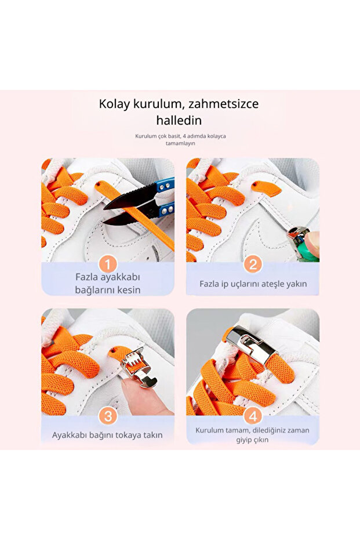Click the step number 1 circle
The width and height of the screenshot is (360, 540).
point(108,265)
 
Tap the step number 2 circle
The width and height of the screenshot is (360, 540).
point(253,264)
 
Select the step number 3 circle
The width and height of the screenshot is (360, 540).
point(108,416)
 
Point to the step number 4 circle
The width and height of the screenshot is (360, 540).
point(253,416)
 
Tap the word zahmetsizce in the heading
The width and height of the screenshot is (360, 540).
point(223,104)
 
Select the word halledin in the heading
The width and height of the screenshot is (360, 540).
point(179,121)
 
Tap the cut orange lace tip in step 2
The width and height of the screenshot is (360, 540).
point(266,188)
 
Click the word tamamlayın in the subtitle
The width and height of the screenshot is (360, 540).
point(180,143)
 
